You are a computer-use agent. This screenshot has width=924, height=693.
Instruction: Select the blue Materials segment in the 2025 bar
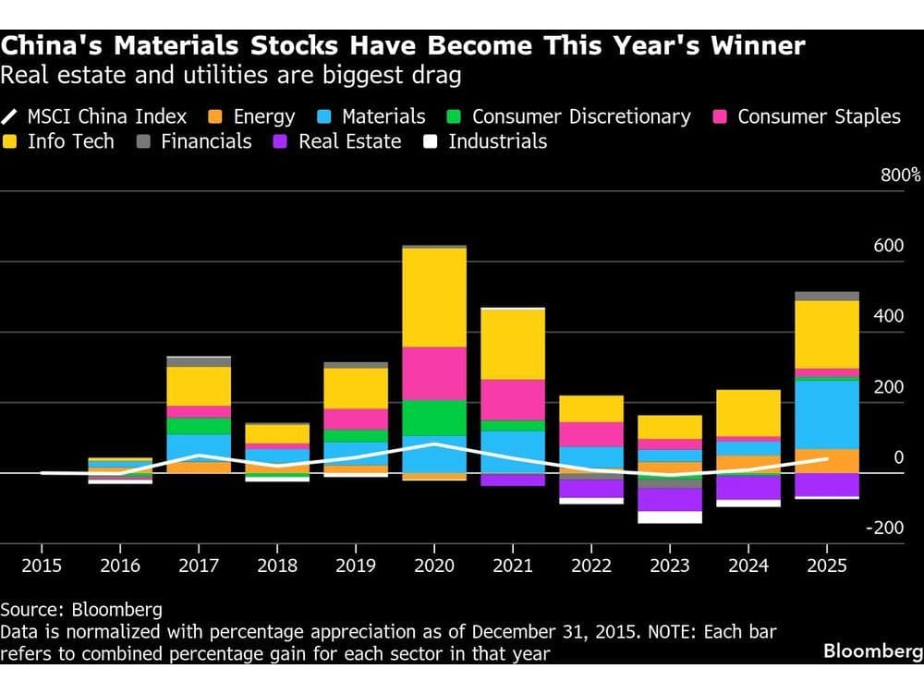pos(827,414)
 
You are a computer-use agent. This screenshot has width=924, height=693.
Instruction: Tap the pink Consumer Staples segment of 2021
pos(513,399)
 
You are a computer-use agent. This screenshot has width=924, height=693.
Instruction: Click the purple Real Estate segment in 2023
pos(670,499)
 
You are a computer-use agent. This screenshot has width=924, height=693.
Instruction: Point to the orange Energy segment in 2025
pos(827,460)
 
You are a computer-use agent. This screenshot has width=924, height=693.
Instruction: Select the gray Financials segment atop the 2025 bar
pos(827,296)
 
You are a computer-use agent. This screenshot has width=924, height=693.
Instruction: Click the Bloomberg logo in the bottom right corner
pos(872,651)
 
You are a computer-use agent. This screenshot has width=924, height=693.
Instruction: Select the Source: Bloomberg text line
pos(81,610)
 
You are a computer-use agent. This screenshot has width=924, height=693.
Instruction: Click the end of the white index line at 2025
pos(827,458)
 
